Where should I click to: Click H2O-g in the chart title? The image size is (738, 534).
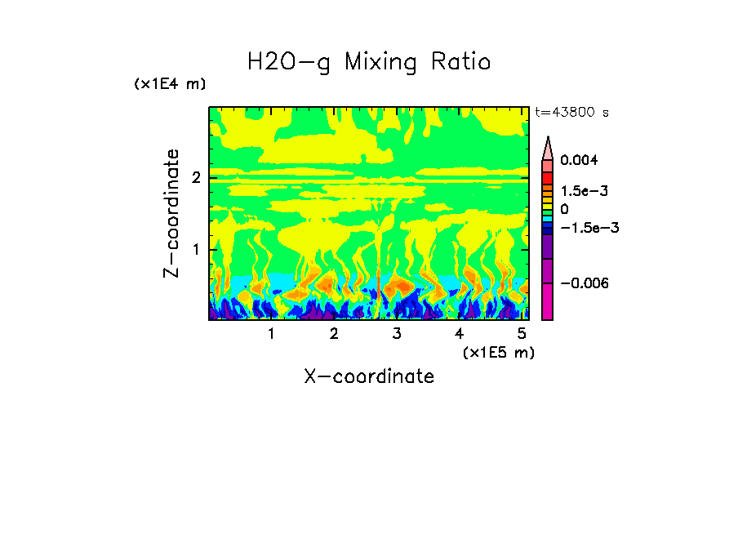pyautogui.click(x=289, y=63)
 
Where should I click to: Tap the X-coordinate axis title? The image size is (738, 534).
pyautogui.click(x=369, y=376)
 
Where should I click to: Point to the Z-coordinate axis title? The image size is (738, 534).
pyautogui.click(x=171, y=213)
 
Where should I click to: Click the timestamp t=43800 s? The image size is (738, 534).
pyautogui.click(x=571, y=113)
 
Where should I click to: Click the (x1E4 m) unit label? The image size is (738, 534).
pyautogui.click(x=170, y=84)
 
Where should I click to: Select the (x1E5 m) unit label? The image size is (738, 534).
pyautogui.click(x=498, y=352)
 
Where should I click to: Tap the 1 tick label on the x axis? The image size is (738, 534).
pyautogui.click(x=272, y=334)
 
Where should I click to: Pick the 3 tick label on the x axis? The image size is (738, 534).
pyautogui.click(x=397, y=334)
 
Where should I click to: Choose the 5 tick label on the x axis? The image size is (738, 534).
pyautogui.click(x=522, y=334)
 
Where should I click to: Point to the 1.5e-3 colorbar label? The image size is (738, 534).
pyautogui.click(x=579, y=190)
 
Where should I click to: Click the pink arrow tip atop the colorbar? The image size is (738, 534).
pyautogui.click(x=548, y=147)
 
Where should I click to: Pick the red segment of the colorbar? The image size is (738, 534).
pyautogui.click(x=548, y=178)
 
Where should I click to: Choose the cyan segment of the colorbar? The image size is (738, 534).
pyautogui.click(x=548, y=221)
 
